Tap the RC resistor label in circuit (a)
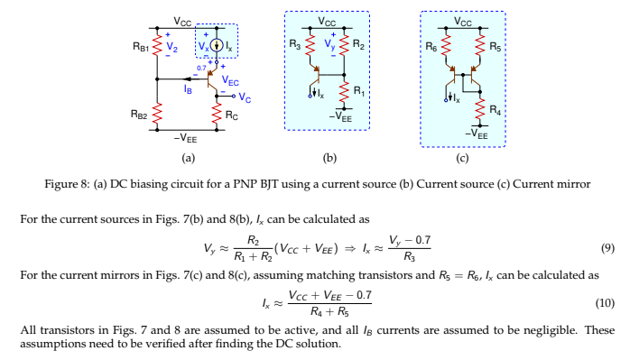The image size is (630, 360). pos(232,115)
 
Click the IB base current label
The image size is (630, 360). pos(187,89)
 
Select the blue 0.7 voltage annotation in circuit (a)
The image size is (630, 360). pos(201,68)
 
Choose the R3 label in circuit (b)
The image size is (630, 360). pos(296,43)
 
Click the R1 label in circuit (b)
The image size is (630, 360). pos(358,90)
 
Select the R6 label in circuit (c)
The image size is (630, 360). pos(431,43)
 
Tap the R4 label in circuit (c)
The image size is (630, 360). pos(493,109)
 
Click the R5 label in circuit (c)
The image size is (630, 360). pos(493,43)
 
